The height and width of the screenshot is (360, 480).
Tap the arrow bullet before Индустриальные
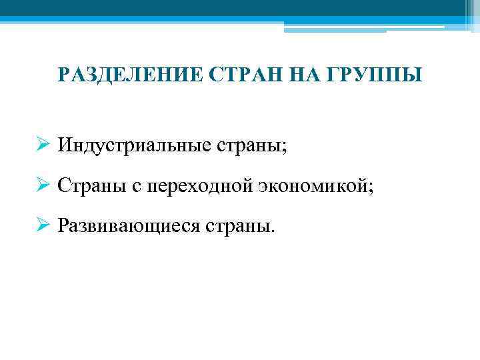(x=43, y=145)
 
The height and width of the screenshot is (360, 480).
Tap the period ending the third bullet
(x=272, y=231)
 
